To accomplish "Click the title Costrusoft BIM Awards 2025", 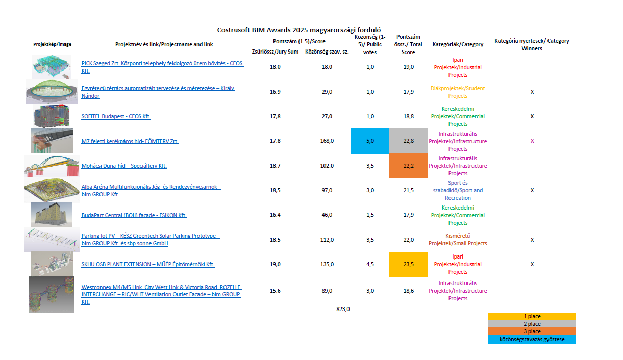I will (299, 30).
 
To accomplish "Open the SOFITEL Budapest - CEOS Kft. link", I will (116, 116).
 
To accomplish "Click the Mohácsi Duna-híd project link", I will (124, 166).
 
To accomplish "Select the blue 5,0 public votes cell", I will (370, 141).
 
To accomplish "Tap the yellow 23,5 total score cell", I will (408, 264).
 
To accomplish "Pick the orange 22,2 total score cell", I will (408, 166).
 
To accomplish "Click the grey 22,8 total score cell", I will (408, 141).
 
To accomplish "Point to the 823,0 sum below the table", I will (343, 309).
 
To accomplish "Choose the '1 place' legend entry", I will (532, 316).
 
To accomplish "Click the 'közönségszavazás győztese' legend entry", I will (532, 339).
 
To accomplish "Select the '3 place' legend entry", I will (532, 331).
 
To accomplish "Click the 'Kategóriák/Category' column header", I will (458, 44).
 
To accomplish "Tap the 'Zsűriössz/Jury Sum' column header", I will (275, 52).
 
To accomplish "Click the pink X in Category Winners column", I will (532, 141).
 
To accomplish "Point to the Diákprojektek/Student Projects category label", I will (458, 92).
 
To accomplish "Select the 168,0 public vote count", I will (327, 141).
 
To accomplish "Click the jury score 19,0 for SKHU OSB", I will (275, 264).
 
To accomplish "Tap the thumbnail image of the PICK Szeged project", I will (52, 67).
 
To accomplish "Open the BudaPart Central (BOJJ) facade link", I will (134, 215).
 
